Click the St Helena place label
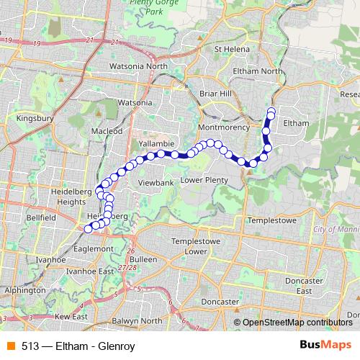pos(232,49)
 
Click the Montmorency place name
pos(223,127)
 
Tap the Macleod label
pos(107,131)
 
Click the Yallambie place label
pos(158,143)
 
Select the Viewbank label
pos(156,184)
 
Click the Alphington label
pos(19,291)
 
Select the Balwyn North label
pos(137,320)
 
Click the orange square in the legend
pos(10,344)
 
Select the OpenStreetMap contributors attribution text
pos(297,322)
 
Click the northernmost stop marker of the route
pos(271,111)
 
